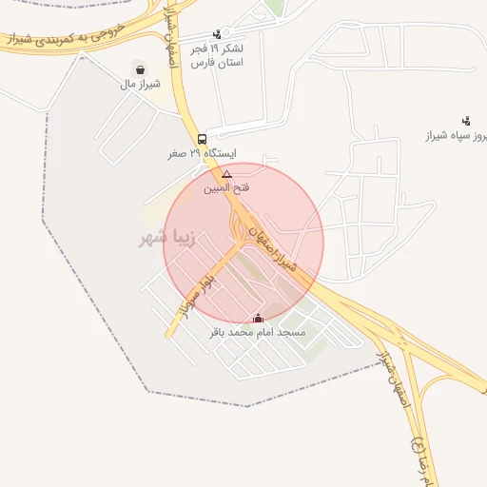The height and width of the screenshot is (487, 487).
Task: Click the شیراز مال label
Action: [140, 83]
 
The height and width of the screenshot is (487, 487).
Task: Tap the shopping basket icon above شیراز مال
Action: [141, 69]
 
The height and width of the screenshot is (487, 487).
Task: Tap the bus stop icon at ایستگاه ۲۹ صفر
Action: [202, 138]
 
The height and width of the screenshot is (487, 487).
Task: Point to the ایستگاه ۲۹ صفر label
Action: [202, 152]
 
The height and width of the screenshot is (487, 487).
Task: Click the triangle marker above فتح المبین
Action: [226, 174]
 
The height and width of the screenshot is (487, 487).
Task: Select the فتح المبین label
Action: [226, 187]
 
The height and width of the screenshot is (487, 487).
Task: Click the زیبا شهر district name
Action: [166, 237]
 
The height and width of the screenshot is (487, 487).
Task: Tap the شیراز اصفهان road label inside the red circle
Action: [274, 249]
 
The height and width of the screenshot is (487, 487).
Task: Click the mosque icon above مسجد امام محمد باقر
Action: [258, 319]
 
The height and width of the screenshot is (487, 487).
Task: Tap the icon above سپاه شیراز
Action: [465, 121]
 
